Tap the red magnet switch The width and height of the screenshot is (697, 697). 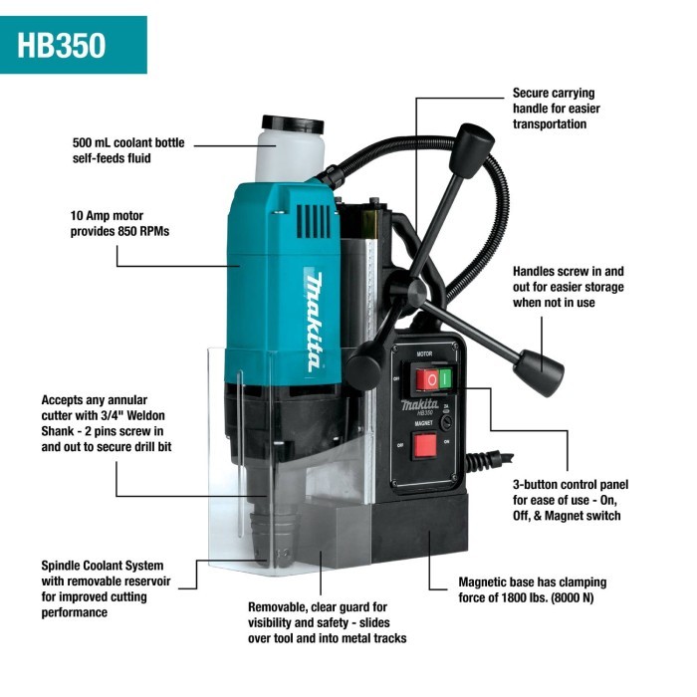[426, 444]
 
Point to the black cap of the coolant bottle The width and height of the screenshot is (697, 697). [292, 125]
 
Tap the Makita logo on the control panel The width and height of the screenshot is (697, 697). [424, 405]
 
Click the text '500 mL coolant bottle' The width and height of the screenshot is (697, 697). [131, 142]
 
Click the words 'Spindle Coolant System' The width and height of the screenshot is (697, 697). [103, 565]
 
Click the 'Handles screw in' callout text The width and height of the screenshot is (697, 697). [568, 271]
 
